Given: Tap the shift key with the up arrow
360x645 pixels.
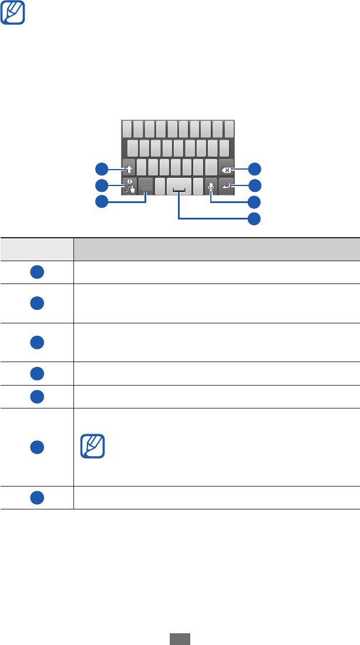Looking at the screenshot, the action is [x=129, y=168].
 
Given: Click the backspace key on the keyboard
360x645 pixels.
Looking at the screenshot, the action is [x=227, y=168].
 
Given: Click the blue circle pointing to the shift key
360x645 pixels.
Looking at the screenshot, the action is [x=102, y=170].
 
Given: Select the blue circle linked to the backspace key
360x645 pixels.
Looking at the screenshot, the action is [x=254, y=170].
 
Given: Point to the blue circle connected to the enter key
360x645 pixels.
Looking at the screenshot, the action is [x=254, y=187].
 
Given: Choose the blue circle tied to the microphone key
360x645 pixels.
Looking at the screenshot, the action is [x=254, y=203].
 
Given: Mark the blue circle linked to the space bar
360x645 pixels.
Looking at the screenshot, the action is [x=254, y=219].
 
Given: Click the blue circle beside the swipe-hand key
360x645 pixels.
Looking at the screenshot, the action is [x=102, y=187].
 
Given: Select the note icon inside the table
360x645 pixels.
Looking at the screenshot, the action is [x=92, y=447].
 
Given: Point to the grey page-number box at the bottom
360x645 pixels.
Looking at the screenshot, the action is [x=180, y=639].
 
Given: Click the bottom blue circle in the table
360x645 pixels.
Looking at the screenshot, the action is [x=36, y=497].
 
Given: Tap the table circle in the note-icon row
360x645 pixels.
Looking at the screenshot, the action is [x=36, y=447].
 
